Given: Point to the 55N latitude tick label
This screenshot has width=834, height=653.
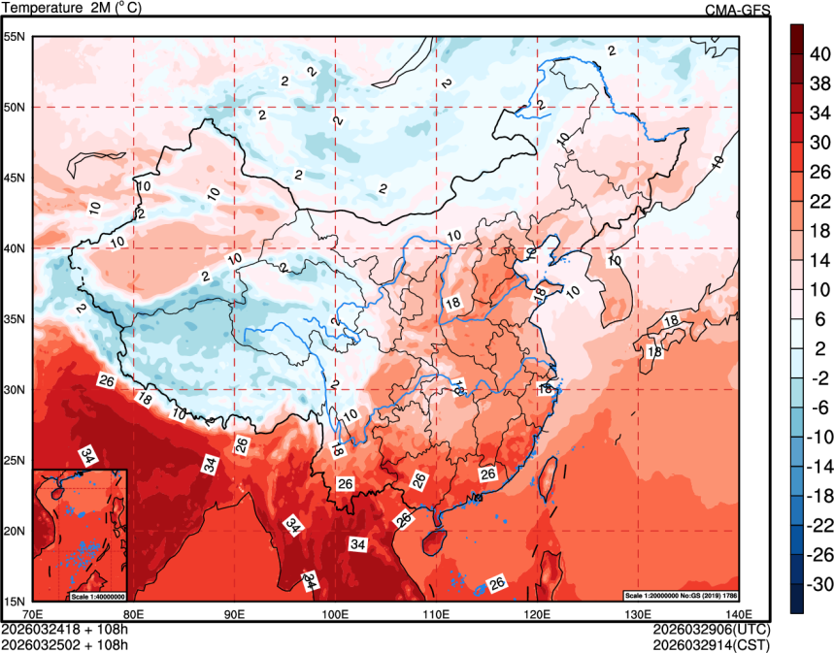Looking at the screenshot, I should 14,37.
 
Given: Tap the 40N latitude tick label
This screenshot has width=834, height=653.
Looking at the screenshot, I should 14,248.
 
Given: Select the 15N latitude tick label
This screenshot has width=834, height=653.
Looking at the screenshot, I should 14,601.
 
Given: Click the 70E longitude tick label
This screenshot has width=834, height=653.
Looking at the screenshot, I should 32,614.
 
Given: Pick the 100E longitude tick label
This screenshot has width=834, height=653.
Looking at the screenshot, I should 335,614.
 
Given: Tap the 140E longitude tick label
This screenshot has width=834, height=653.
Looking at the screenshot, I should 738,614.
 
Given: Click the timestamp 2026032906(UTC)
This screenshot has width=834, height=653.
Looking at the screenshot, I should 712,630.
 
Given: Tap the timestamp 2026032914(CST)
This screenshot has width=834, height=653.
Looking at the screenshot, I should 712,643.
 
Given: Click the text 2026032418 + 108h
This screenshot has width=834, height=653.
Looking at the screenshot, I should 65,630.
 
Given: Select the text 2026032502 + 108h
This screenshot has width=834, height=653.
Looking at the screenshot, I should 65,643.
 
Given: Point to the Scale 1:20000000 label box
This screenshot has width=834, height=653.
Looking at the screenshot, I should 686,595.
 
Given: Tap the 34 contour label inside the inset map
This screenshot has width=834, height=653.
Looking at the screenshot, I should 88,456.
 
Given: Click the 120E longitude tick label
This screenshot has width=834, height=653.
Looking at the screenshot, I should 537,614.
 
